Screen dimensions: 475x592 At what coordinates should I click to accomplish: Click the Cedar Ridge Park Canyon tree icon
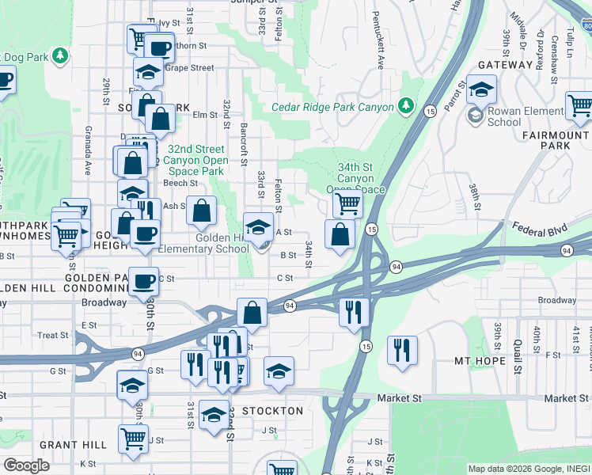(x=405, y=105)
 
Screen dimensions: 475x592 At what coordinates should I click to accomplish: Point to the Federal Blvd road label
(x=541, y=230)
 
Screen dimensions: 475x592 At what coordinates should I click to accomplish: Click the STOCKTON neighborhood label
(x=272, y=411)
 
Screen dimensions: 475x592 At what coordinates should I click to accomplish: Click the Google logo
(x=26, y=465)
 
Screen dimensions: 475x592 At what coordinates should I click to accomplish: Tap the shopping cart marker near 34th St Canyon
(x=347, y=202)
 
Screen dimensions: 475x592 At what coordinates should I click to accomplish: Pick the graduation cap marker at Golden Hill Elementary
(x=258, y=227)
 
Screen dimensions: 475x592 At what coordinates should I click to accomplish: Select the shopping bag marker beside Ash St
(x=203, y=210)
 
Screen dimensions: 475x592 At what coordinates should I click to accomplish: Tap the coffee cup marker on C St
(x=143, y=281)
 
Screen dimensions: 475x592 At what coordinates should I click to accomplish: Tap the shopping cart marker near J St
(x=133, y=437)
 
